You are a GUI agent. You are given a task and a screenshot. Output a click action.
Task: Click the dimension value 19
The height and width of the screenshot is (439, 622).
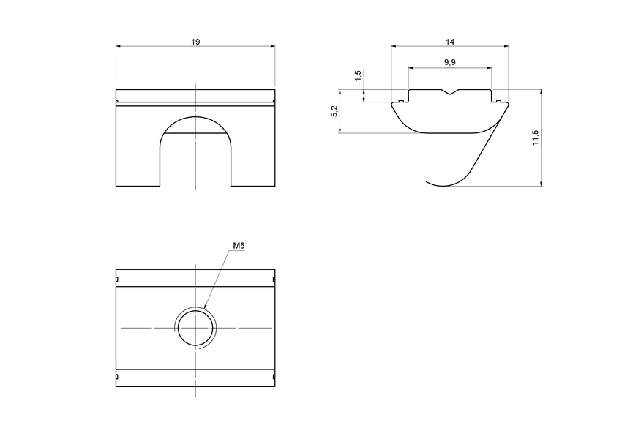[x=195, y=42]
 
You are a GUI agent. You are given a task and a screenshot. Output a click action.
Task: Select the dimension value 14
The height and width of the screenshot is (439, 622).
[x=449, y=42]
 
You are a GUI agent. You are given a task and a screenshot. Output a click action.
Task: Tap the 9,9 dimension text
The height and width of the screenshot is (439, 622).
[x=449, y=63]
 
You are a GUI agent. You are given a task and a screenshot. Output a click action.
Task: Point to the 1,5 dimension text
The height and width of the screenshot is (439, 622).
[x=357, y=77]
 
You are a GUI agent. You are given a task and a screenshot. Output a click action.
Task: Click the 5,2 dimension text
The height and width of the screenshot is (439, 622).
[x=334, y=111]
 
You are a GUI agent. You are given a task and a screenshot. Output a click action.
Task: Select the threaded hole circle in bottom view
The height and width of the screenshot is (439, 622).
[x=195, y=328]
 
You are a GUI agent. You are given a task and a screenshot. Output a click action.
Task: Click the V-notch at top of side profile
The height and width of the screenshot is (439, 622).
[x=449, y=92]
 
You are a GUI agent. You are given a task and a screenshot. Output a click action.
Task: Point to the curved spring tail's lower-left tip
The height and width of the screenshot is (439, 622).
[x=428, y=181]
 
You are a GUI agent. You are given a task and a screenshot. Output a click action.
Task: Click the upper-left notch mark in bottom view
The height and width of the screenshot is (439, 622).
[x=117, y=279]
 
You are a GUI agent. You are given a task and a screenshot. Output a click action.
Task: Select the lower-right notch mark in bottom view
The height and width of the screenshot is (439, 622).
[x=274, y=378]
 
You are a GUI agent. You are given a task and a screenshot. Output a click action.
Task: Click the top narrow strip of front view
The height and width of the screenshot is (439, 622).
[x=195, y=96]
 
